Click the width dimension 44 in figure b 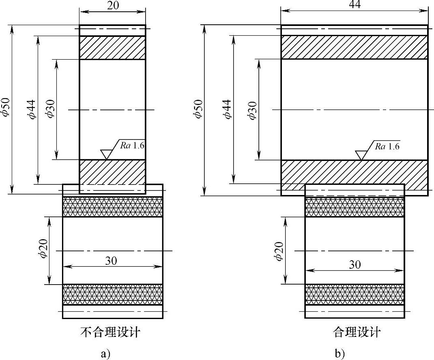[354, 4]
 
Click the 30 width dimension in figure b [354, 264]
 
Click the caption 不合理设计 [110, 333]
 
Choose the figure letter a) [105, 354]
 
